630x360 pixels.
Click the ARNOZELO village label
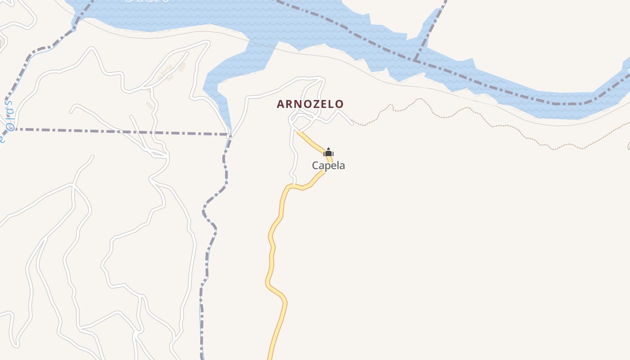(310, 104)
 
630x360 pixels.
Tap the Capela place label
(328, 166)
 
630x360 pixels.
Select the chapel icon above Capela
(328, 152)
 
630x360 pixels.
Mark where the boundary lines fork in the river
(415, 60)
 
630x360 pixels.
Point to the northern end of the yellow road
(298, 132)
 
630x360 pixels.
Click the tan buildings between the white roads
(173, 72)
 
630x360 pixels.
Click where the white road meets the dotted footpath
(352, 123)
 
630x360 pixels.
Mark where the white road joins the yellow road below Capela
(295, 184)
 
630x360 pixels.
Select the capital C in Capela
(315, 166)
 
